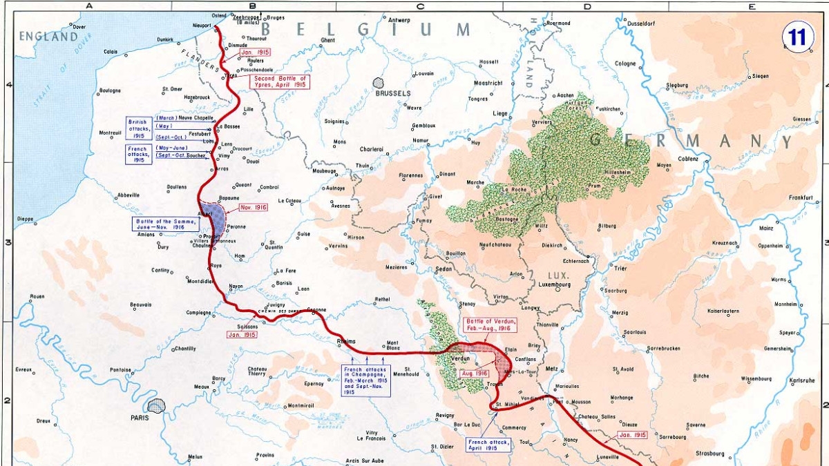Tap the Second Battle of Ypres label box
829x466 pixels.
280,82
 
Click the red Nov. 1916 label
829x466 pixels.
253,207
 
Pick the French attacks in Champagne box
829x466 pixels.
365,380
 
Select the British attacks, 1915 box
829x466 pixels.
139,128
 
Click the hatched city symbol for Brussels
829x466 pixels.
379,83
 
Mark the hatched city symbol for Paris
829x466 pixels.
157,406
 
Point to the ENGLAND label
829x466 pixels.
48,36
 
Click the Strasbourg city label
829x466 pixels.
705,454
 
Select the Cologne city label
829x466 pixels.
625,64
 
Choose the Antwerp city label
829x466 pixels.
399,19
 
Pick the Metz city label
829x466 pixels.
551,369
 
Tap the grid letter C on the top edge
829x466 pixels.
419,6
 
